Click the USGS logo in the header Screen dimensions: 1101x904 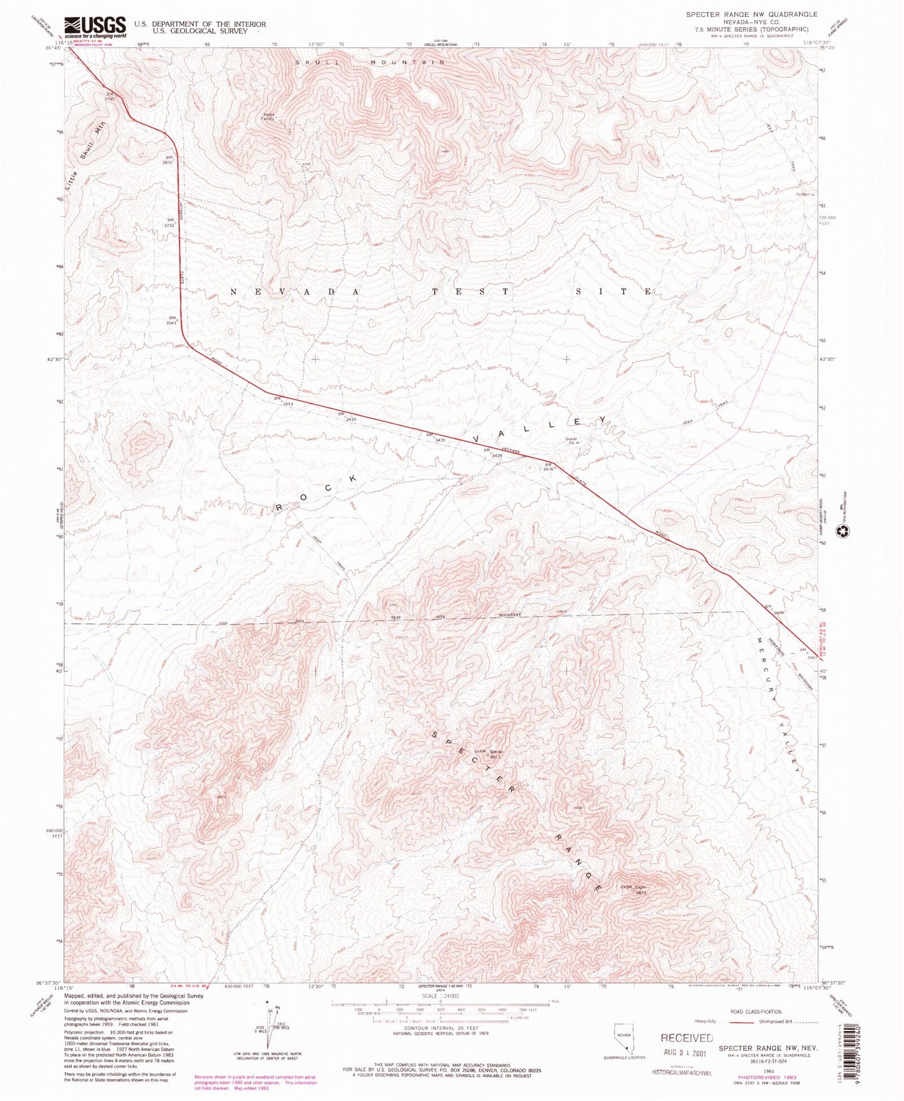pos(94,27)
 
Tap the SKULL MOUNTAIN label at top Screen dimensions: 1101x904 pos(370,63)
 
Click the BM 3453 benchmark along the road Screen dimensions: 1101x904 pos(285,402)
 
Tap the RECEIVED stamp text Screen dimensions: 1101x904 pos(686,1038)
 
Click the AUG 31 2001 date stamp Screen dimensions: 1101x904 pos(686,1053)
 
